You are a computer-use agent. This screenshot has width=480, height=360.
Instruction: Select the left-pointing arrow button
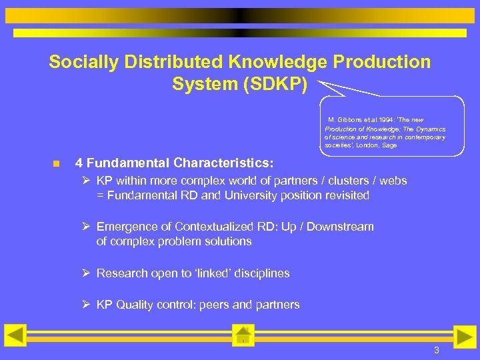[15, 335]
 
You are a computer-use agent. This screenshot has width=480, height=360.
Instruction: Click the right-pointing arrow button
[465, 337]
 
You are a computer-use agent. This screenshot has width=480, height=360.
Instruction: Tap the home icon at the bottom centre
[243, 335]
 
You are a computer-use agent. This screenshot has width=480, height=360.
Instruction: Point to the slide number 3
[437, 351]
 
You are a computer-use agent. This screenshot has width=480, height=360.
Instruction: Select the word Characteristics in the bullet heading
[225, 163]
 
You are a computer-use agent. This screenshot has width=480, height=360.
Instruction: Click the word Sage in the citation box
[389, 145]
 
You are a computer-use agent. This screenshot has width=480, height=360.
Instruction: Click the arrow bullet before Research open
[86, 273]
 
